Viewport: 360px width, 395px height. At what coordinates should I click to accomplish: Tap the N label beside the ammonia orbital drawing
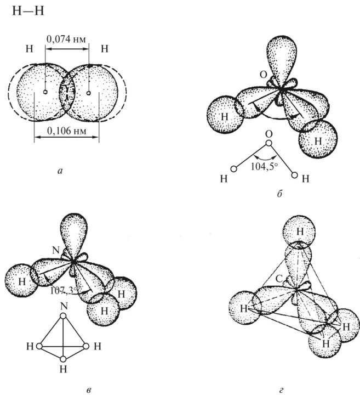(x=55, y=250)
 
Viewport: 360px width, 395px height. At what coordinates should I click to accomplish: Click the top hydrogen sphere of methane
(x=300, y=233)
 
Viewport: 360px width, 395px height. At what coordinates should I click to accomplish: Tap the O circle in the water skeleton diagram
(x=267, y=144)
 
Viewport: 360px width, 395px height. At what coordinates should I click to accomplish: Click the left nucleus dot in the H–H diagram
(x=45, y=92)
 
